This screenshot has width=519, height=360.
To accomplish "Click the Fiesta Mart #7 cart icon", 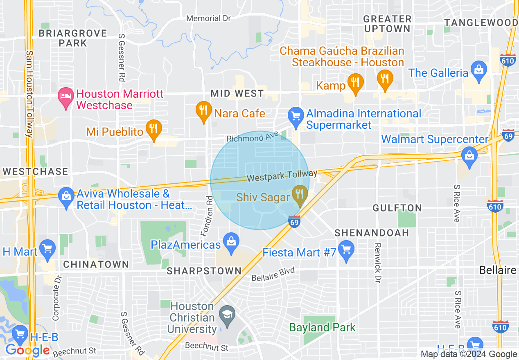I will pos(346,251).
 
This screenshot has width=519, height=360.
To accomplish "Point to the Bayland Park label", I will pos(322,327).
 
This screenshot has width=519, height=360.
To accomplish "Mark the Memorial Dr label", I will pos(208,18).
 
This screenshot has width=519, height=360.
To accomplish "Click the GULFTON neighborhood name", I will pos(397,208).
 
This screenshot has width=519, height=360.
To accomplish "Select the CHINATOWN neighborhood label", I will pos(96,264).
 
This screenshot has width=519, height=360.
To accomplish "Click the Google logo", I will pos(27,350).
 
